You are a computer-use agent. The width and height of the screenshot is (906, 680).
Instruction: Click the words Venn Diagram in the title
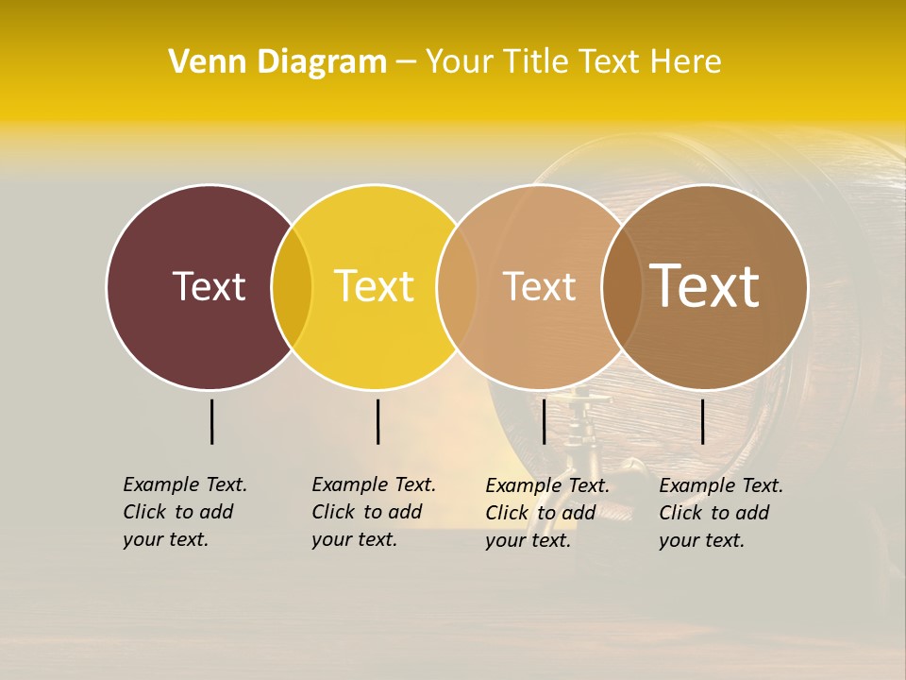click(277, 62)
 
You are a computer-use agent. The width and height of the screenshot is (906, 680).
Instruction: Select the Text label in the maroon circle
click(209, 286)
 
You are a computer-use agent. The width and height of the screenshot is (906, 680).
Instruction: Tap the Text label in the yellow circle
click(374, 286)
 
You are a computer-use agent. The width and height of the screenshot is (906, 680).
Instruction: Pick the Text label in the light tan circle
click(539, 286)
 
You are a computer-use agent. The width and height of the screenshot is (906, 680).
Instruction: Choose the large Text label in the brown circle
click(704, 286)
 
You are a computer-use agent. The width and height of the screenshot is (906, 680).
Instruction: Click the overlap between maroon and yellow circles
click(292, 287)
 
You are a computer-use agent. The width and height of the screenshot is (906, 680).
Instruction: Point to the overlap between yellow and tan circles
click(457, 287)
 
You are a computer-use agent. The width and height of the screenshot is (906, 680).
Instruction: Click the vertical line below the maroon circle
click(211, 421)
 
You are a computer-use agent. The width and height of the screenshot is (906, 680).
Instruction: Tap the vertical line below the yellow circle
click(377, 421)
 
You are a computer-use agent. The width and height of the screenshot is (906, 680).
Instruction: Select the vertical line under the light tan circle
click(544, 421)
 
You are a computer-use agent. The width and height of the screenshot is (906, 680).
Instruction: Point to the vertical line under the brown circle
click(702, 421)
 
